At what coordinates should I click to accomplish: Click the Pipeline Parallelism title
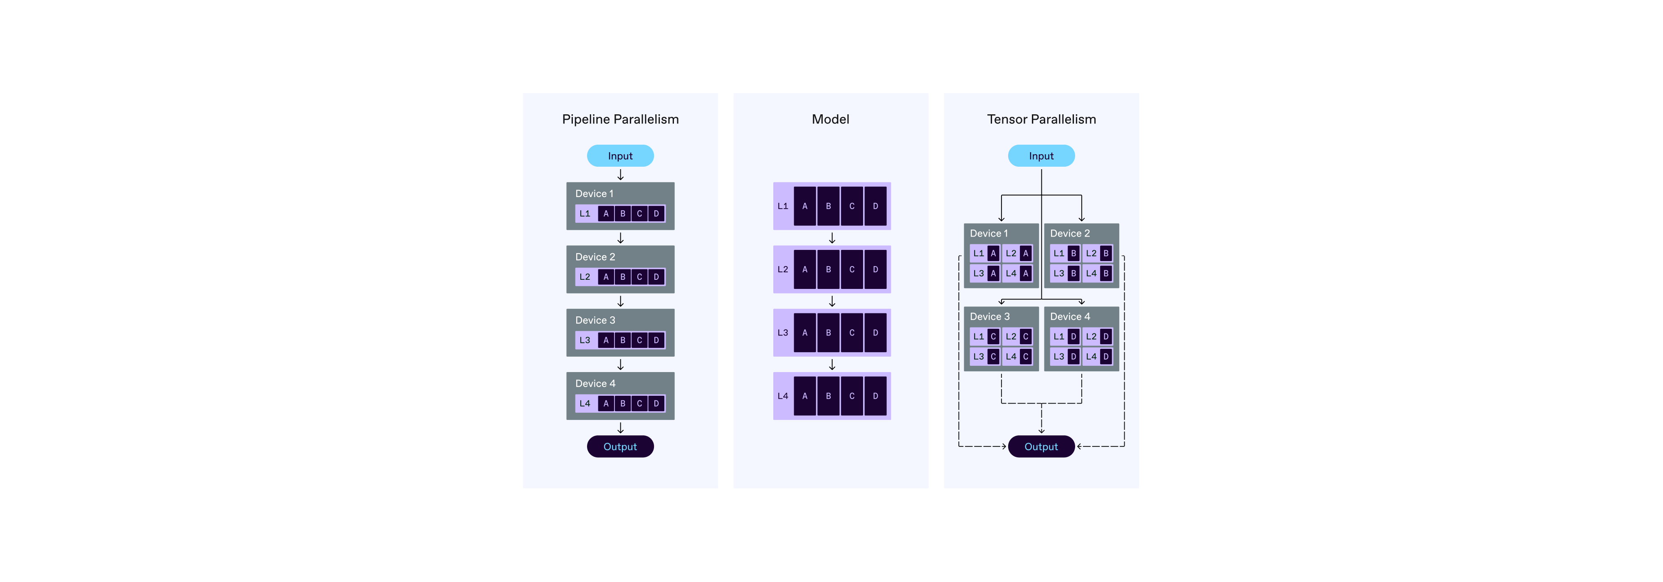620,119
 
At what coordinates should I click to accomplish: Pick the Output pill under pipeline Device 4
620,446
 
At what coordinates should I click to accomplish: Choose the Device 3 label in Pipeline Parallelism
595,320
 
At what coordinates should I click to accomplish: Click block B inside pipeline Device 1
622,214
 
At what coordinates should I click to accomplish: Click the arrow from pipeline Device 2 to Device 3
620,301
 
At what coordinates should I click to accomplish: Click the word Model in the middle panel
830,119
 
